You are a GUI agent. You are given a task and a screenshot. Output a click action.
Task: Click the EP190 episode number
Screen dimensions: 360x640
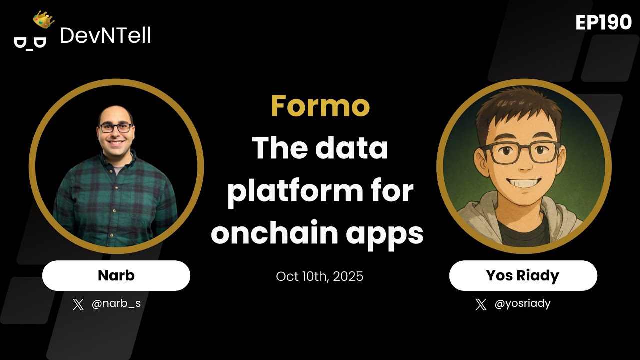(x=603, y=22)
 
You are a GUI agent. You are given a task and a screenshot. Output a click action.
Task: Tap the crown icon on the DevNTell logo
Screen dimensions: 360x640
(x=43, y=20)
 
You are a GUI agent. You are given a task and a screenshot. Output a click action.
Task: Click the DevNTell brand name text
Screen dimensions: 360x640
(x=105, y=35)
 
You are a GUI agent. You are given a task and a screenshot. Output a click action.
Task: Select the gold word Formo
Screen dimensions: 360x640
(x=320, y=105)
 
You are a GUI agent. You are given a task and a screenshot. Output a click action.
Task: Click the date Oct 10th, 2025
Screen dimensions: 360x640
(x=320, y=276)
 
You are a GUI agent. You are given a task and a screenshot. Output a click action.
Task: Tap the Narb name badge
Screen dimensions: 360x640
(x=116, y=275)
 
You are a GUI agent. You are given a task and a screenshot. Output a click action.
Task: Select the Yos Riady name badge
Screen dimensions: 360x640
(x=523, y=275)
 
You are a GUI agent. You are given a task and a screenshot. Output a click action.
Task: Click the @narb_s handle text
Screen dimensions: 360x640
(x=116, y=303)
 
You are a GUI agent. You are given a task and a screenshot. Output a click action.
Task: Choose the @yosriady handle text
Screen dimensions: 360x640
(x=522, y=303)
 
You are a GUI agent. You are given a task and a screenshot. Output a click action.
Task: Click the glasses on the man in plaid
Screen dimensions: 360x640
(x=115, y=127)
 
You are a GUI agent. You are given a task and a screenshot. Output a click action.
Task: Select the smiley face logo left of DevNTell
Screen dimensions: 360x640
(x=30, y=42)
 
